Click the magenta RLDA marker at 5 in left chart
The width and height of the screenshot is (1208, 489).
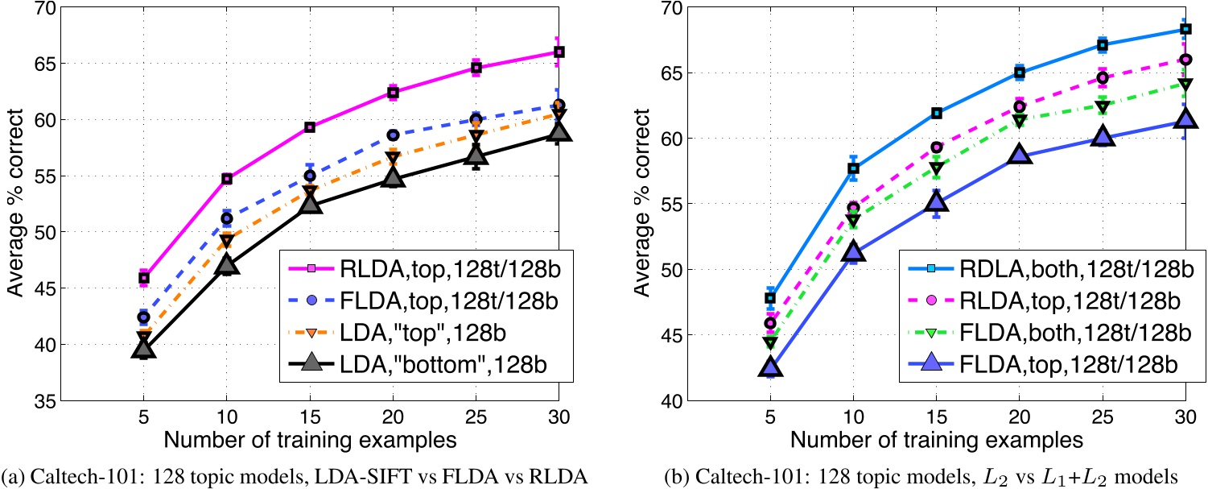[x=144, y=278]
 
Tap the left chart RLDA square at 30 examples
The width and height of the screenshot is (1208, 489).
[x=559, y=52]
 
